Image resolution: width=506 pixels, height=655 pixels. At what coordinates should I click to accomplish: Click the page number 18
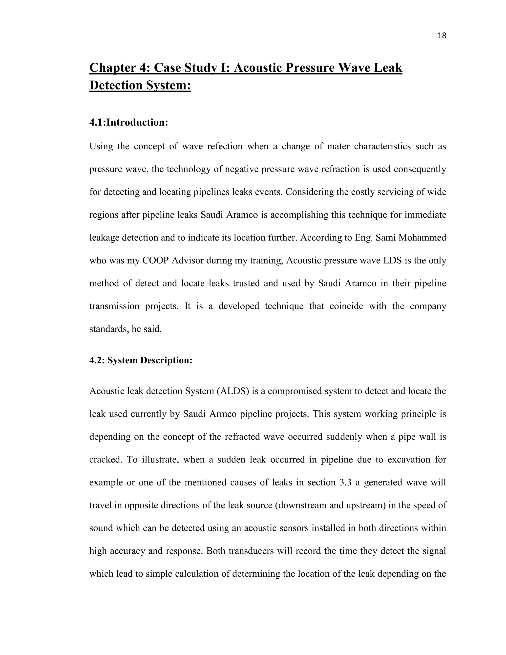click(442, 36)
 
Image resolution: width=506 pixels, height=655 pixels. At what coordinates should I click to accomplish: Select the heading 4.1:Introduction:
click(128, 122)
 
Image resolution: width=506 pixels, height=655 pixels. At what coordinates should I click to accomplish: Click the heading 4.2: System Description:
click(141, 360)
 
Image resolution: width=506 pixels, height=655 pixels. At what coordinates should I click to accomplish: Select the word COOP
click(156, 260)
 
